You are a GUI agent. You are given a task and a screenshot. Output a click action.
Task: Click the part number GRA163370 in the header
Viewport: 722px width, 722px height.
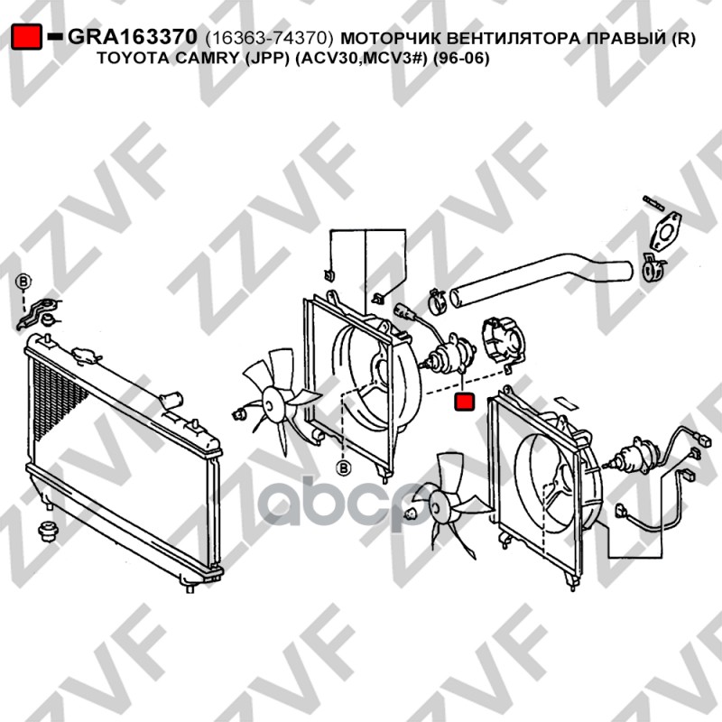tap(133, 37)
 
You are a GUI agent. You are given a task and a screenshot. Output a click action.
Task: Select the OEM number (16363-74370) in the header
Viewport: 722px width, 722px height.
tap(269, 38)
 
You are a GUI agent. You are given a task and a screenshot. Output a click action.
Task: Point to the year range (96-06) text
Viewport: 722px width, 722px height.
tap(461, 59)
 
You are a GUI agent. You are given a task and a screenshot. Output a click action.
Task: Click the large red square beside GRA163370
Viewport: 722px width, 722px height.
tap(26, 36)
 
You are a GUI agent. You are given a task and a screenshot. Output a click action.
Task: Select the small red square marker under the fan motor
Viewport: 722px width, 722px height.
tap(464, 402)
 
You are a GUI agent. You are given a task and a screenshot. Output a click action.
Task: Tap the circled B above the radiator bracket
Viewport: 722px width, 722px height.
tap(23, 282)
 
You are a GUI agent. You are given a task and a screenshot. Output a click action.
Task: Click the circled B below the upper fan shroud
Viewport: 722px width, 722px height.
tap(344, 468)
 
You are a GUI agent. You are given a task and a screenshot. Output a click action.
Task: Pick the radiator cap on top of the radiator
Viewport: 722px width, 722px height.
tap(87, 355)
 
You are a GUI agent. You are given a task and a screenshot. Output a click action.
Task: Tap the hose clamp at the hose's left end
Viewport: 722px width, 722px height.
tap(438, 301)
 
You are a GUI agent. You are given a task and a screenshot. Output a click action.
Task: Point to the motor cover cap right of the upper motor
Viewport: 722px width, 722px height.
tap(503, 339)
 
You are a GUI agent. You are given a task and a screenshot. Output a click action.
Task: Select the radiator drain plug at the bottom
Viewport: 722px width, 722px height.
tap(190, 588)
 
